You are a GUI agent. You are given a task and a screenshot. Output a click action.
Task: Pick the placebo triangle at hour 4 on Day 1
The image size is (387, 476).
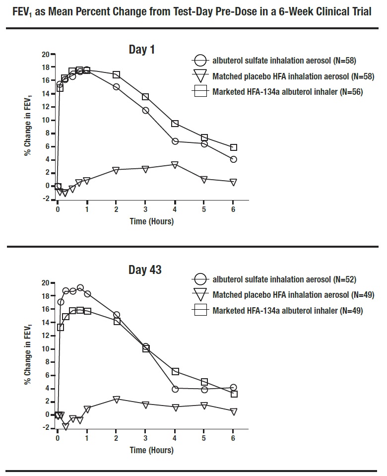tap(175, 165)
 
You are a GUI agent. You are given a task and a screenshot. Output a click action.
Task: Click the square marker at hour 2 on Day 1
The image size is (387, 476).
tap(117, 74)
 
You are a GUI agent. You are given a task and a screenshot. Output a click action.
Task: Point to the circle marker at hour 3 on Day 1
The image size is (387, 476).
tap(146, 110)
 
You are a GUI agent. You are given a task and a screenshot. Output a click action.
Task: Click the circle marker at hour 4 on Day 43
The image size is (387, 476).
tap(175, 389)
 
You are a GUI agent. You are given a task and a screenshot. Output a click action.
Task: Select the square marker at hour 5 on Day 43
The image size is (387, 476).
tap(204, 382)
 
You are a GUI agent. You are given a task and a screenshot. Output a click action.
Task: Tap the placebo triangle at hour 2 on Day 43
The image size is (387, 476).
tap(117, 399)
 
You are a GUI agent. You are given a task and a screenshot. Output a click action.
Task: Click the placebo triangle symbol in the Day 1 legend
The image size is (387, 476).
tap(200, 76)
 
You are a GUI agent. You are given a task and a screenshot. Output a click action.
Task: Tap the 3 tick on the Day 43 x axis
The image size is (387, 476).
tap(146, 438)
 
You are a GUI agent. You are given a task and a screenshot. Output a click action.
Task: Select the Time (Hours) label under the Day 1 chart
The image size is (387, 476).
tap(152, 221)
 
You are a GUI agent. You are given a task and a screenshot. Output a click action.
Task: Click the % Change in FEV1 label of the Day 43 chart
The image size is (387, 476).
tap(29, 354)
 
